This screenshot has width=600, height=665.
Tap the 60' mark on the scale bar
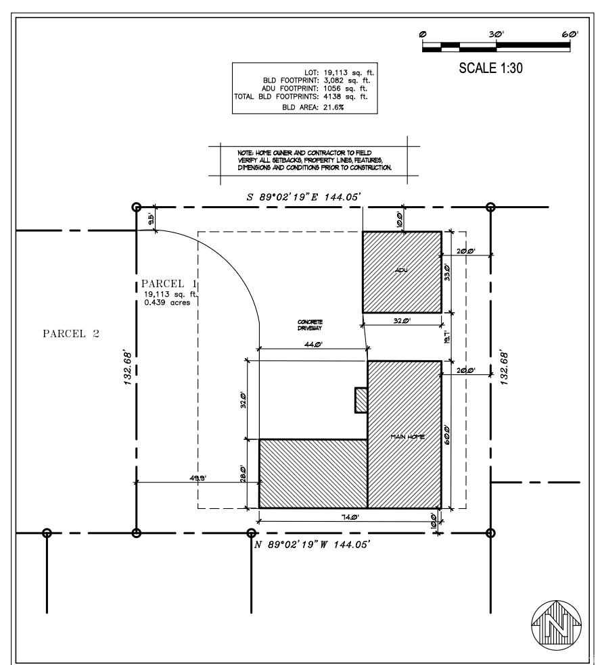[568, 34]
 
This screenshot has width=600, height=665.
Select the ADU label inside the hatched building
[402, 271]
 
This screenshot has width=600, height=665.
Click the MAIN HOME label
[407, 437]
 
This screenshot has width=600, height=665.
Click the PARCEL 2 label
[71, 334]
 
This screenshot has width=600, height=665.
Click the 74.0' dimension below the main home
[349, 518]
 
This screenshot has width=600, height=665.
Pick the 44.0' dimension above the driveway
[312, 345]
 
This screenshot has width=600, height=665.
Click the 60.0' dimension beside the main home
[447, 433]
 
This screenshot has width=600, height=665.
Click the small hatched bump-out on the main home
[361, 399]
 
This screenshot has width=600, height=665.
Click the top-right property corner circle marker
[491, 207]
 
